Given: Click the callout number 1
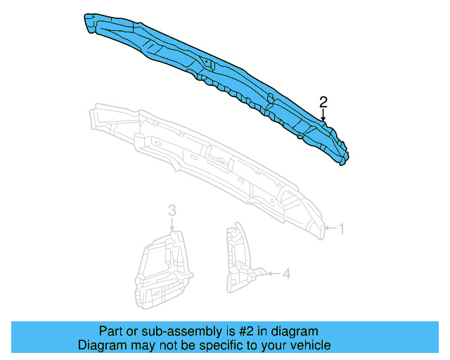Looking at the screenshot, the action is [x=342, y=229].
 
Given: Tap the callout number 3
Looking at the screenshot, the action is [x=172, y=210].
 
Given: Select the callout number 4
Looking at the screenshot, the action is [x=286, y=274].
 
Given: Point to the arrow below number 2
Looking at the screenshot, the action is [x=323, y=115].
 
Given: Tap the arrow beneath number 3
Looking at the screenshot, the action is [x=172, y=223].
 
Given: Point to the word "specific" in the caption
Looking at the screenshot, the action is [x=214, y=345].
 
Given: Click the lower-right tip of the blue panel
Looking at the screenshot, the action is [x=342, y=160].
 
